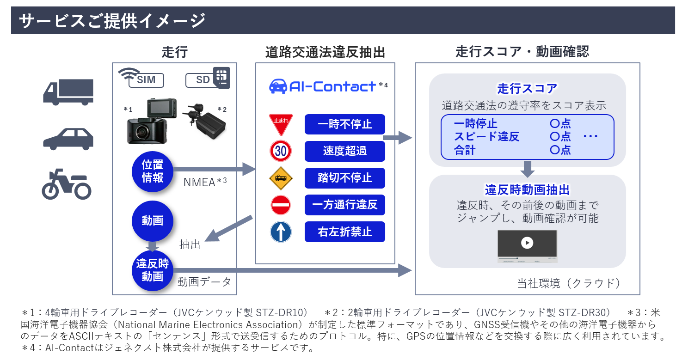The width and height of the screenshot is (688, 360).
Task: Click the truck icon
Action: [68, 92]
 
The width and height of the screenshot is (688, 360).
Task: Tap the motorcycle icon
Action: [67, 184]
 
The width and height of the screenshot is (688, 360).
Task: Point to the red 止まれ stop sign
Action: [281, 124]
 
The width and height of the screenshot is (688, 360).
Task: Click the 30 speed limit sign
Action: [281, 151]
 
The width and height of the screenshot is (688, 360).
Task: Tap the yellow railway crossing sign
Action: [281, 178]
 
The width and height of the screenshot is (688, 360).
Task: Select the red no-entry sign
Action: [281, 205]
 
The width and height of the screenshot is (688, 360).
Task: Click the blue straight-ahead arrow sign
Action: [281, 232]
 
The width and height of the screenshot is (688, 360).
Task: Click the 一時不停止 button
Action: [344, 124]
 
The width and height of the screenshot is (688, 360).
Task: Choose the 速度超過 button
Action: [344, 151]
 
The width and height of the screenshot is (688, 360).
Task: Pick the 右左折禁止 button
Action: [344, 232]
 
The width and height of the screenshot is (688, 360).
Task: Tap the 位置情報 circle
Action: [153, 171]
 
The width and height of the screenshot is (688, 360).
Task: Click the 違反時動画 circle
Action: [153, 270]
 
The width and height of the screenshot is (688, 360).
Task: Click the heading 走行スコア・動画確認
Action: [522, 51]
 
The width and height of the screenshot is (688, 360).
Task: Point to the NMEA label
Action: [199, 182]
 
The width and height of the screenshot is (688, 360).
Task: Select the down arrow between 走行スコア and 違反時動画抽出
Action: [527, 169]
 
